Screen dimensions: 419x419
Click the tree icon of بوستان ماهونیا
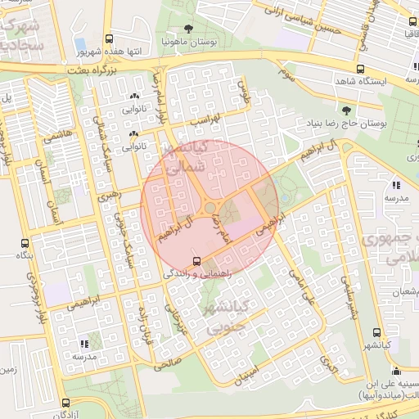tap(189, 29)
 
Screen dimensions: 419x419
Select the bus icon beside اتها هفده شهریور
tap(110, 38)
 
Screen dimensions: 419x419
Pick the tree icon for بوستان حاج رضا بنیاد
tap(346, 110)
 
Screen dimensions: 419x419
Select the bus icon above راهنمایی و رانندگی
tap(195, 261)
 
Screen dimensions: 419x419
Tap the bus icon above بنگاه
tap(25, 244)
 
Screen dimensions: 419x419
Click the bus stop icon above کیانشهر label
tap(376, 332)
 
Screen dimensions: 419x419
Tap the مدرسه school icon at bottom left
tap(83, 345)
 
